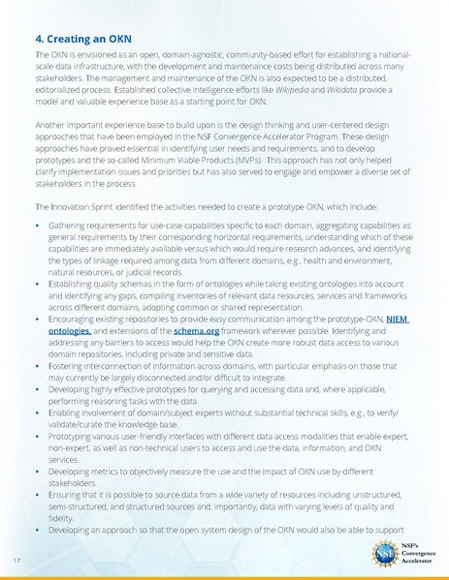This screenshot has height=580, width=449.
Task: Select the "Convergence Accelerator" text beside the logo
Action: tap(420, 557)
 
